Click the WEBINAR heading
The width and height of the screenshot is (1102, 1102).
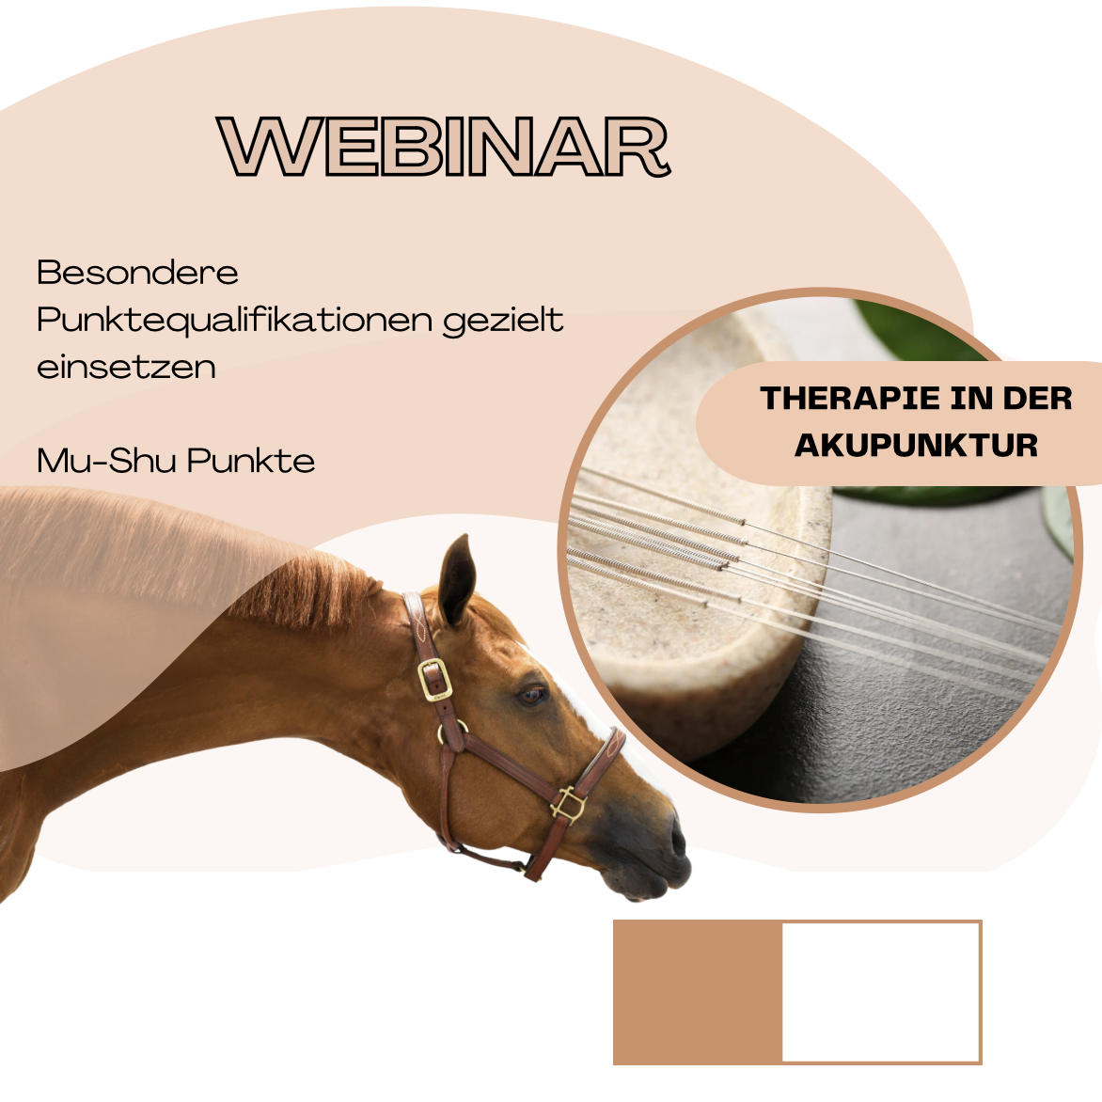point(444,146)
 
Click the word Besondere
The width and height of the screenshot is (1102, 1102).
point(137,273)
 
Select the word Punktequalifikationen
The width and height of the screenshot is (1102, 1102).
point(235,321)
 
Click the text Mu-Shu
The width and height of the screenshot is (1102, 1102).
point(107,461)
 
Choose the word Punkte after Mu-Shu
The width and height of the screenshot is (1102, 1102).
point(251,461)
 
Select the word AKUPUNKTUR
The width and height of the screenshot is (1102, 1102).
point(917,446)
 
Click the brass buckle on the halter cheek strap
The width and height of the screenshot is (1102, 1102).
point(433,679)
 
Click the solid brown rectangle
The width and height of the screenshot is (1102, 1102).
point(697,992)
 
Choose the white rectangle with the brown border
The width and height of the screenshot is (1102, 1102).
point(881,992)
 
